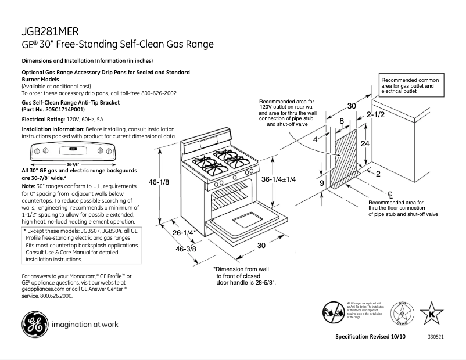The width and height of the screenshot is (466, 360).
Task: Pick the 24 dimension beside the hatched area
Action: tap(365, 143)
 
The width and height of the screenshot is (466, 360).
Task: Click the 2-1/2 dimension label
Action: tap(375, 115)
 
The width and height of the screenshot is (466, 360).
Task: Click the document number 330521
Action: tap(436, 337)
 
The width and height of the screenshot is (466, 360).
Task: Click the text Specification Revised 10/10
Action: tap(370, 337)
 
